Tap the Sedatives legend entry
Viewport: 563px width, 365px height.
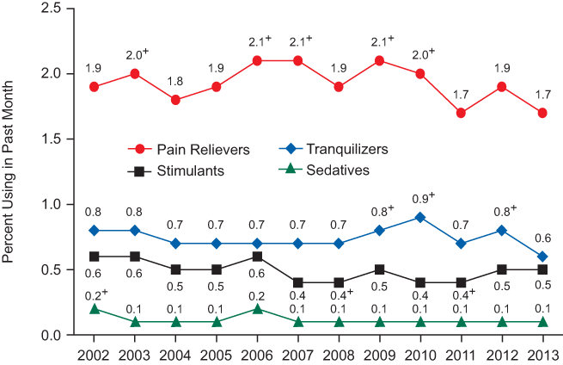tap(328, 170)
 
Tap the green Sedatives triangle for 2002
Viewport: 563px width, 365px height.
tap(94, 308)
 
